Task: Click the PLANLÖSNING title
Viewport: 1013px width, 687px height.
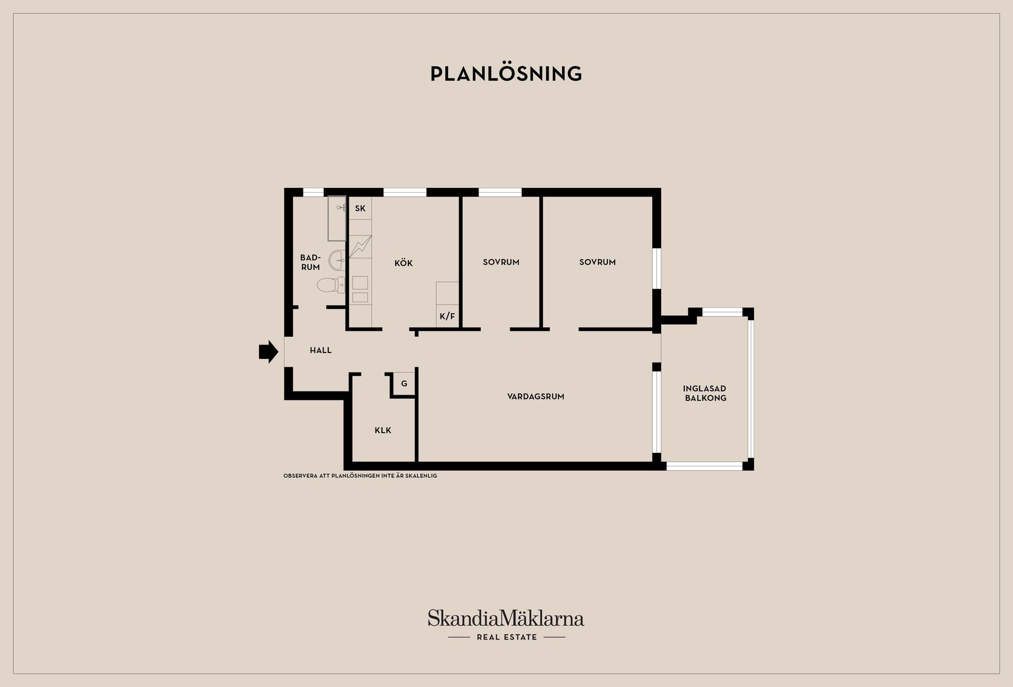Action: (506, 73)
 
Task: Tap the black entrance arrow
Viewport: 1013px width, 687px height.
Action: (269, 351)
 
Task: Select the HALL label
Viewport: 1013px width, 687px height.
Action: (321, 350)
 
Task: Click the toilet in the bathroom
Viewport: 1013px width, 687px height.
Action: (331, 285)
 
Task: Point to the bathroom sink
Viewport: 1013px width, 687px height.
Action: (337, 260)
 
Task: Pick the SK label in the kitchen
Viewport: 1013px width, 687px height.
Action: (360, 208)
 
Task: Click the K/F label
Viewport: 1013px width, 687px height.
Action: (447, 317)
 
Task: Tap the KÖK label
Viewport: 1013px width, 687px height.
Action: (404, 263)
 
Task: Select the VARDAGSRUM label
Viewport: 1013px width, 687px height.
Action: (536, 396)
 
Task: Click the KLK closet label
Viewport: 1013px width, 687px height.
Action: (383, 431)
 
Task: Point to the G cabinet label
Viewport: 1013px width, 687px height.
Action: (404, 384)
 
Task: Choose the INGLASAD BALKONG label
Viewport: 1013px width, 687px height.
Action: (705, 393)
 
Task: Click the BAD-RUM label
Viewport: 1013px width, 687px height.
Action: (310, 262)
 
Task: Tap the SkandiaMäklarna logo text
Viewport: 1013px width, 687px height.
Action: (506, 618)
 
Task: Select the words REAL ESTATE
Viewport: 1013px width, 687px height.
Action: (506, 637)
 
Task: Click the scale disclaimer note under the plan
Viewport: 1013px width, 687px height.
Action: (360, 476)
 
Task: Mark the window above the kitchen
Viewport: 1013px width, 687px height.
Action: (405, 192)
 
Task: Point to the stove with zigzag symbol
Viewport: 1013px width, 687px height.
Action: (360, 246)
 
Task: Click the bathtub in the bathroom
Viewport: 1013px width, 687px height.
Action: (337, 218)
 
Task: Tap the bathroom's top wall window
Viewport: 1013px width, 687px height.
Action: (313, 192)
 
